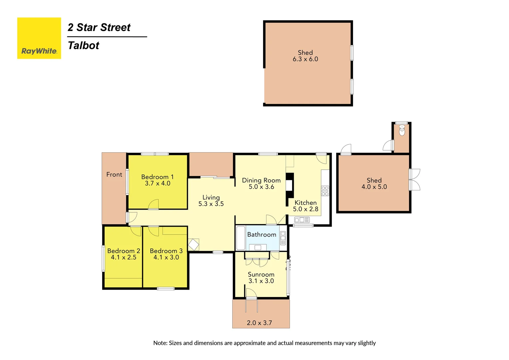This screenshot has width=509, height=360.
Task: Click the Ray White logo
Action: (39, 38)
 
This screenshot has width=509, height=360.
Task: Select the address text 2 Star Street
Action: (99, 27)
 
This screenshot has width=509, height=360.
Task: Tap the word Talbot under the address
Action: (83, 45)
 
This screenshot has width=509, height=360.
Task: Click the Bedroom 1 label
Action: (157, 177)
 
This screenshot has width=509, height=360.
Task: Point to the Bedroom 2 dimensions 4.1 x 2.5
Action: (124, 257)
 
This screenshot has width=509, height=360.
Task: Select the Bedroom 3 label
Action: (166, 251)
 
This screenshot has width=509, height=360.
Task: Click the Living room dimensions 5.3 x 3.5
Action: (211, 204)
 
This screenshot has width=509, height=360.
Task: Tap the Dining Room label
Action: (261, 180)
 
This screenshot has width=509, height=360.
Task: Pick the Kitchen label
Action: (305, 203)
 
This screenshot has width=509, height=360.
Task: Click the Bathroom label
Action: (261, 235)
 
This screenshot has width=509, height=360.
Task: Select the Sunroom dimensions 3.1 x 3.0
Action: (261, 281)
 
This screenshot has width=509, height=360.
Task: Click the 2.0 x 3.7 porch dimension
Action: (259, 323)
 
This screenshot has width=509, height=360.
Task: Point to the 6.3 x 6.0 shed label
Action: (305, 56)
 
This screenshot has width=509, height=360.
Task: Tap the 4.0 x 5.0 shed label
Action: (374, 184)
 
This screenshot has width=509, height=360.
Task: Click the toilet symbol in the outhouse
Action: (402, 130)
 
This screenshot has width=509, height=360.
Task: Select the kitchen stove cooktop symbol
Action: (325, 191)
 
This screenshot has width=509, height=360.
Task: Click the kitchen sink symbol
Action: (302, 220)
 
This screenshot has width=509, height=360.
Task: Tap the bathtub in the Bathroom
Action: (241, 238)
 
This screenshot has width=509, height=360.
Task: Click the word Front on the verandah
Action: (114, 175)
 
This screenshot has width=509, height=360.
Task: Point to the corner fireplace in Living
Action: (193, 245)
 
